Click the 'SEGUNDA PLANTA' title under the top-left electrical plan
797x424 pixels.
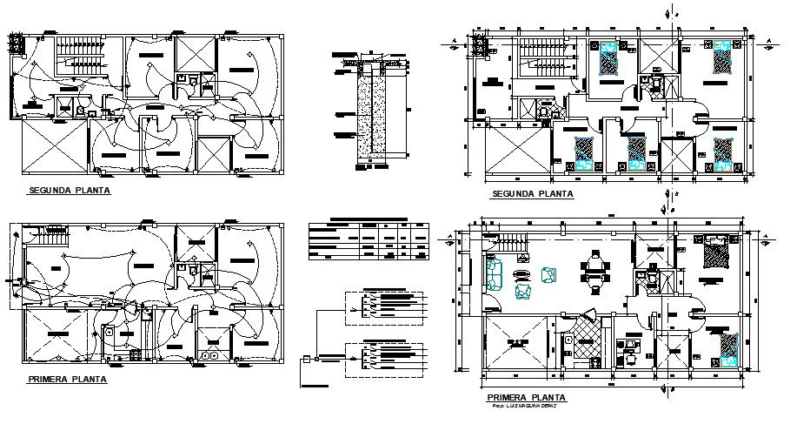70,190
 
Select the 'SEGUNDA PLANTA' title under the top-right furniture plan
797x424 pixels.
533,194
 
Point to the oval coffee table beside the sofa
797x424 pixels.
523,275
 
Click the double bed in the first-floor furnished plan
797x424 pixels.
718,253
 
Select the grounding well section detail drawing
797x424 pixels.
369,109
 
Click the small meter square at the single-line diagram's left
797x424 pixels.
305,359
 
